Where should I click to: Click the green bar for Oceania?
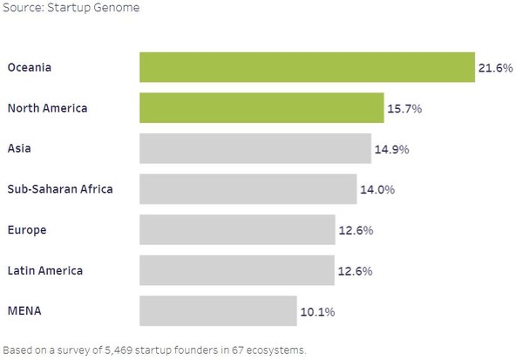click(307, 67)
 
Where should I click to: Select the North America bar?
click(261, 108)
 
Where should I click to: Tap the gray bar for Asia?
click(255, 149)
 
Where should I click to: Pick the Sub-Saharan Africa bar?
click(248, 189)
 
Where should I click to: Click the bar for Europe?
click(237, 230)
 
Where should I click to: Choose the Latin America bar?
click(237, 270)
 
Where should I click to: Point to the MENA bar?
click(218, 311)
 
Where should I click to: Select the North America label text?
click(47, 108)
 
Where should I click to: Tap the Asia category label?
click(19, 149)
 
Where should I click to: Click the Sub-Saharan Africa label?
click(59, 189)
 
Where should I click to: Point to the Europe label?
click(27, 230)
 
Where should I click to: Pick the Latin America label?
click(44, 270)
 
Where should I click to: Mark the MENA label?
click(24, 311)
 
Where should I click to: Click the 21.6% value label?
click(495, 67)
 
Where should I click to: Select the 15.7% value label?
click(404, 108)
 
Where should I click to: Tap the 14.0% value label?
click(378, 189)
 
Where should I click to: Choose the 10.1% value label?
click(317, 311)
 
